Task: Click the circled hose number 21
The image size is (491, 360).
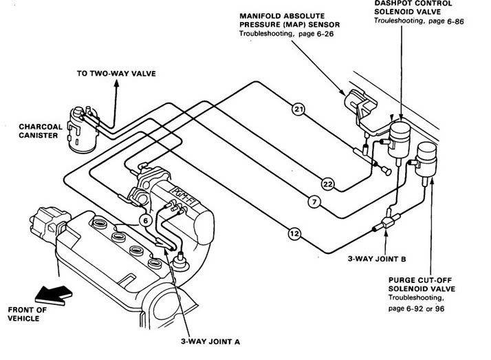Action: click(x=298, y=109)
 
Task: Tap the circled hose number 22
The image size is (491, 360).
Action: click(x=327, y=183)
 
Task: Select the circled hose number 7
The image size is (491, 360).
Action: click(x=314, y=202)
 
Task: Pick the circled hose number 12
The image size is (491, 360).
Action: click(x=294, y=234)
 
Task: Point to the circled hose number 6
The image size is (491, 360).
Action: click(x=145, y=220)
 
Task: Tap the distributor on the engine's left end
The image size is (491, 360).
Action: click(x=49, y=219)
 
